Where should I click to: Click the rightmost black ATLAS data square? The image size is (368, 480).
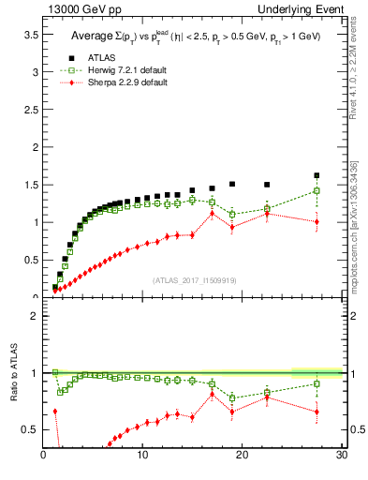316,175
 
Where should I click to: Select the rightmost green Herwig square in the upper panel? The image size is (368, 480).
316,190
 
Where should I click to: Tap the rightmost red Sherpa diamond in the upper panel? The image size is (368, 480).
316,221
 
